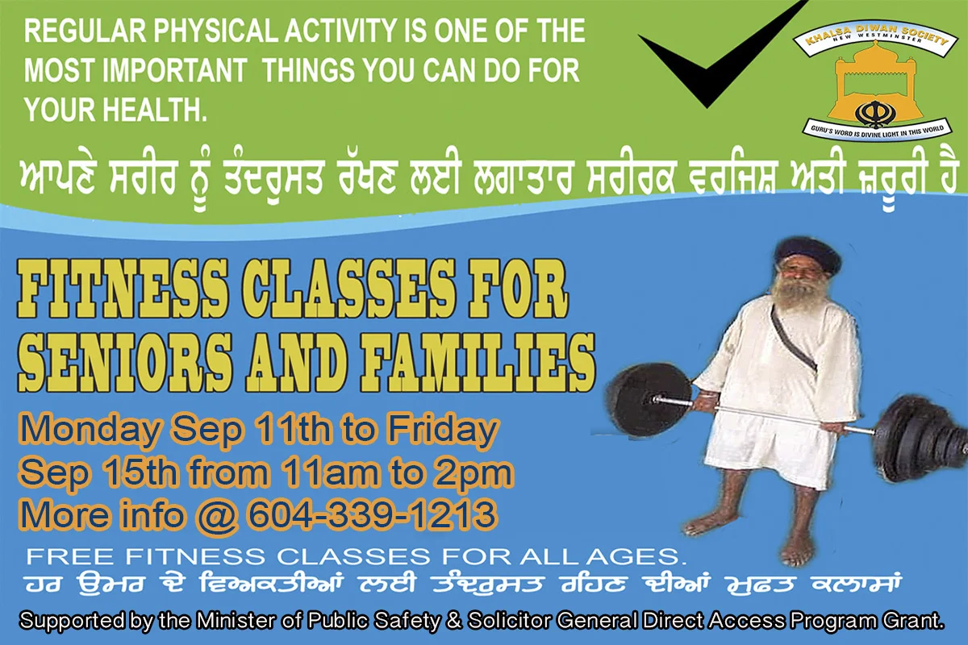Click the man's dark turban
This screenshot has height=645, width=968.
[x=807, y=256]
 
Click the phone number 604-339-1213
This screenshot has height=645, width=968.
[x=371, y=514]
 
